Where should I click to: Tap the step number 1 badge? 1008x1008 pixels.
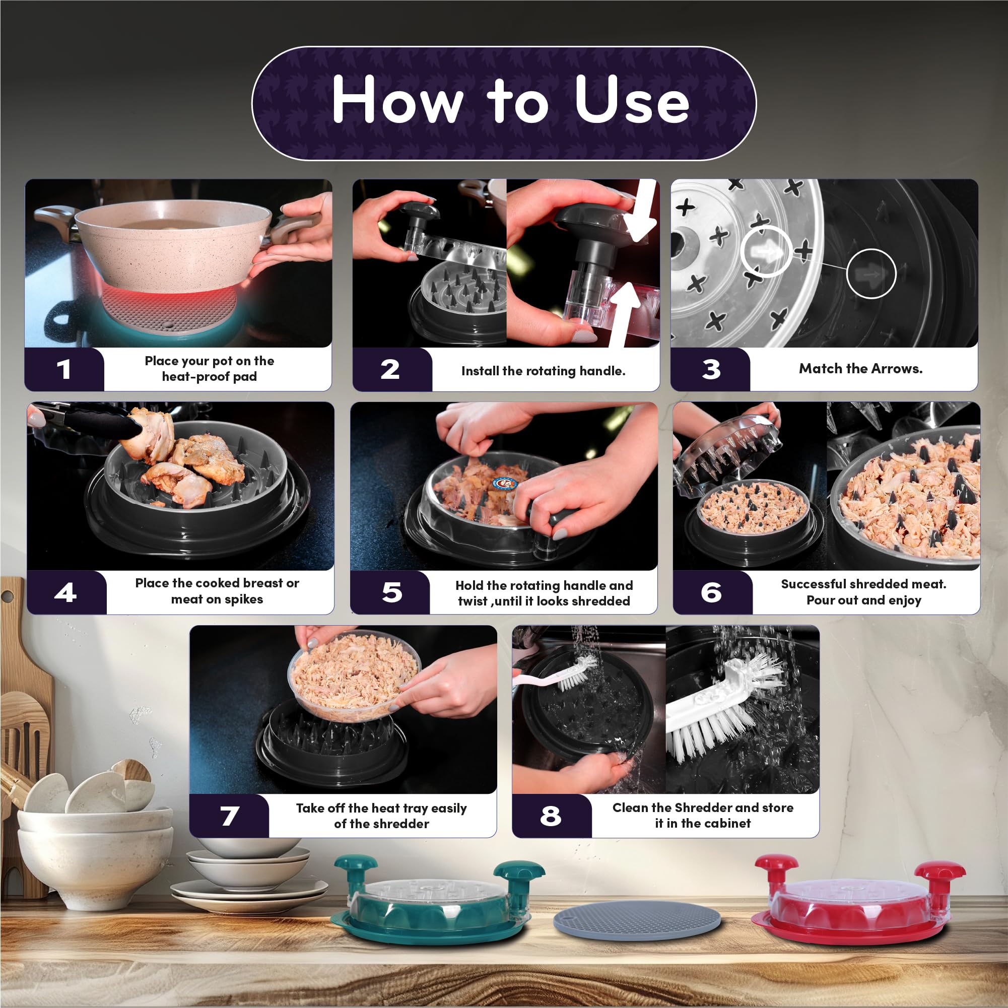point(64,369)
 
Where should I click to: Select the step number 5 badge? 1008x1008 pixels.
point(391,592)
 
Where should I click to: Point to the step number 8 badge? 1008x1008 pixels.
point(551,816)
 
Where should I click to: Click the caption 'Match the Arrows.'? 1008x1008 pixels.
point(861,368)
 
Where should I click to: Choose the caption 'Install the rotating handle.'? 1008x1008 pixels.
point(543,370)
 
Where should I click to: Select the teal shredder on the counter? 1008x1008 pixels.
point(437,903)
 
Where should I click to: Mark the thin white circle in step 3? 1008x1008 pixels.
point(846,274)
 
